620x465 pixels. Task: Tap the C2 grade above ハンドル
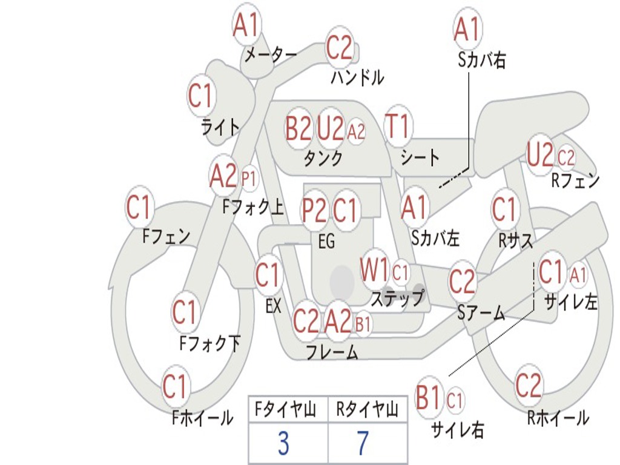pos(339,47)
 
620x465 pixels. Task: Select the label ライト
pos(220,127)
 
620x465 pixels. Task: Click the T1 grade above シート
pos(398,127)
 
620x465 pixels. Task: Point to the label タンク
pos(323,159)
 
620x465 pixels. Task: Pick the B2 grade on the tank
pos(298,128)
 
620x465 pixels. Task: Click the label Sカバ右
pos(481,60)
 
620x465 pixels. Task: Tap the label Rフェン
pos(575,180)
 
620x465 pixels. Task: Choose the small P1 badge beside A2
pos(249,178)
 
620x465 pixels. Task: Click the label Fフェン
pos(167,236)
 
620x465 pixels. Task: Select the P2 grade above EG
pos(315,211)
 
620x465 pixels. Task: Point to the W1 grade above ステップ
pos(375,270)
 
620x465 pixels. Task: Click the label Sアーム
pos(481,313)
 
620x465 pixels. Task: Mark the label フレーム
pos(332,352)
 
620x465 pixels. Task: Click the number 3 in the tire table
pos(283,443)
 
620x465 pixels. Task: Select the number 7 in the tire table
pos(362,443)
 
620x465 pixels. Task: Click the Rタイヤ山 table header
pos(367,411)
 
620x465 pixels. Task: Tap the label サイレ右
pos(457,430)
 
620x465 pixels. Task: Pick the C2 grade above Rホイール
pos(528,384)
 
